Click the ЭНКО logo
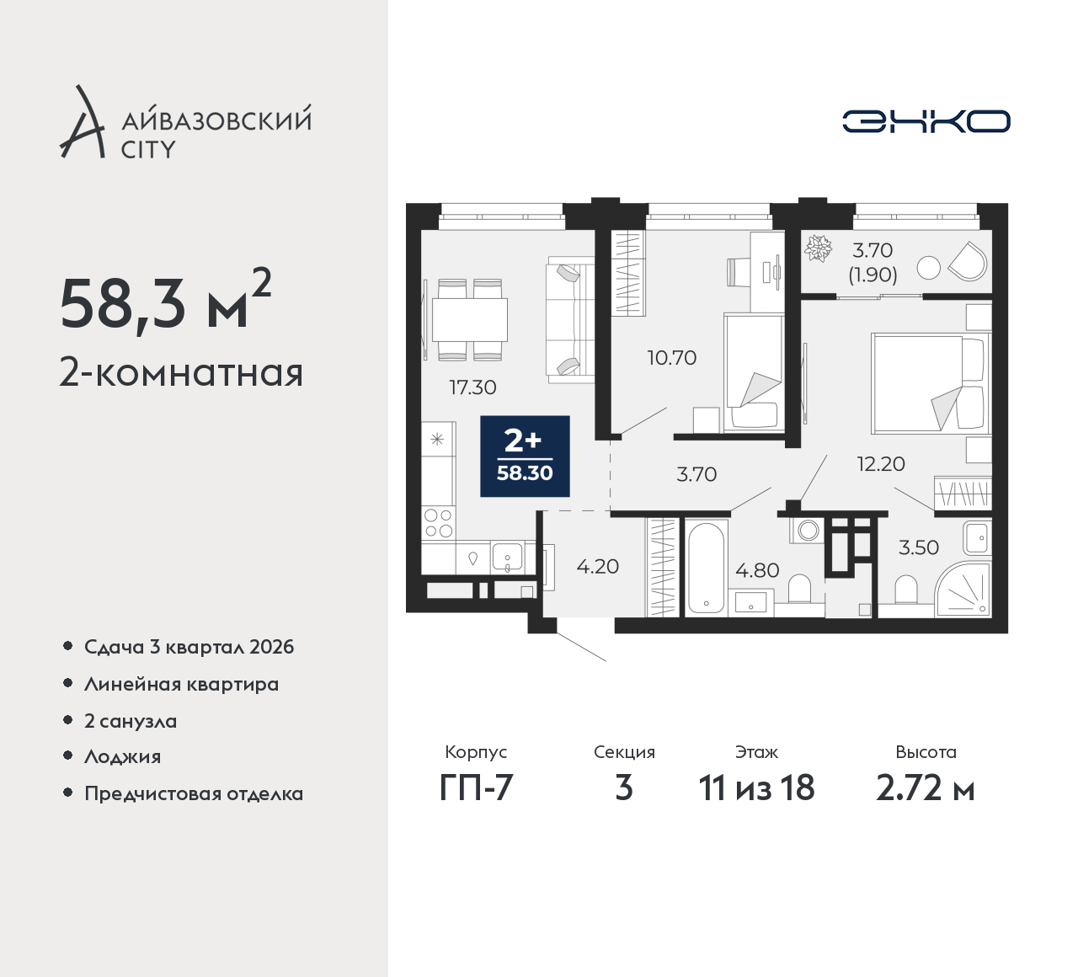coord(926,121)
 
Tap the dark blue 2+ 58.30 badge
coord(525,456)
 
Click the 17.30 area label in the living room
coord(473,387)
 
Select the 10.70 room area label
coord(672,358)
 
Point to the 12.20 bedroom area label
coord(881,464)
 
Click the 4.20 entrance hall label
coord(598,567)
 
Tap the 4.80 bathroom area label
coord(757,570)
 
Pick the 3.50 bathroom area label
coord(919,547)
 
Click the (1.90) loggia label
coord(873,275)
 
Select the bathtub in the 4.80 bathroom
coord(706,568)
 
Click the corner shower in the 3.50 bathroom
coord(963,589)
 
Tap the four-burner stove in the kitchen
coord(438,523)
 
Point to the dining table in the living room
coord(470,320)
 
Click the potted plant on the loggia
coord(818,248)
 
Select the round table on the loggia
coord(928,268)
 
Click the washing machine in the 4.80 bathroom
coord(807,531)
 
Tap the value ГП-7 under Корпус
coord(476,788)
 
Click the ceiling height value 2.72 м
coord(926,788)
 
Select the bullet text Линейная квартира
coord(182,685)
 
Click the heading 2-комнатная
coord(182,373)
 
